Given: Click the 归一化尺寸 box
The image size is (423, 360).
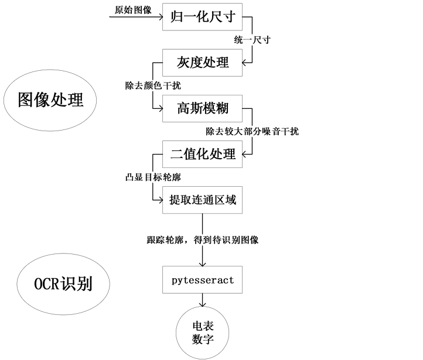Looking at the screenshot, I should point(202,16).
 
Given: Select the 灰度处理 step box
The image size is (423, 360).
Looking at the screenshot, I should point(202,61).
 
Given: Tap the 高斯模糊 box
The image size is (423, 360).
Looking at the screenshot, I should point(202,108).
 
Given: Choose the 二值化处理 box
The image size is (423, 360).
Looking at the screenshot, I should point(202,154).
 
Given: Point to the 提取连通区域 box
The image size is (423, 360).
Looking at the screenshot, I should point(202,200).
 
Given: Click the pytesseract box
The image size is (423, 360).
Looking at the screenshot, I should point(202,280).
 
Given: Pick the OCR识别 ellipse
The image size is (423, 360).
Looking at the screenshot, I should point(63,284).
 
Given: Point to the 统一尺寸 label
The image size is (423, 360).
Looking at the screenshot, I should point(252,40).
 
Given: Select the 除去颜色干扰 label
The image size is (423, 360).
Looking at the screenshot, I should point(153,86).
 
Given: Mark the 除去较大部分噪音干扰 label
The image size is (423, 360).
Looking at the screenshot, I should point(252,132).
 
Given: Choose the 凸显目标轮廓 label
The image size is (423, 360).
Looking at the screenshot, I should point(156,177).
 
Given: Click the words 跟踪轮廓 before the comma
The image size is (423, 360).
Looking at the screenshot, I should point(164,240).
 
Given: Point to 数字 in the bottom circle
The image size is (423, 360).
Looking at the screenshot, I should point(202,340).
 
